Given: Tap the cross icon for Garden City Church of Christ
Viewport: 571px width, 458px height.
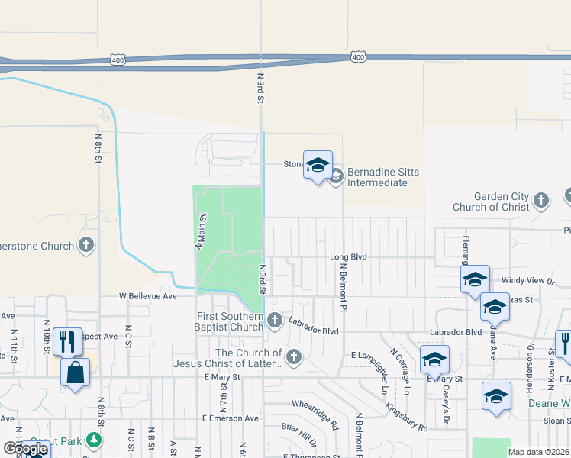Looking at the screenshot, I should (541, 201).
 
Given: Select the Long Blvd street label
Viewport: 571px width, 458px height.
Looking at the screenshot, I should (349, 258).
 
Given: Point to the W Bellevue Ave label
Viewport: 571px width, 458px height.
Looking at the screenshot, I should (147, 295).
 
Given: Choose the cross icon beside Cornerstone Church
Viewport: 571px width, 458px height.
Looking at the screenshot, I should (87, 245).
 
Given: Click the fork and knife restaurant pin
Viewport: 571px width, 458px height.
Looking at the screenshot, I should (67, 341).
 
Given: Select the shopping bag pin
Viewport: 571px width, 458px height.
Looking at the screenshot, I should (75, 373).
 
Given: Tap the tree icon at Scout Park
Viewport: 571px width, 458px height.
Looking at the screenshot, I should (93, 440).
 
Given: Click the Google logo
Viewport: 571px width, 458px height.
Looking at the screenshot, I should (26, 450).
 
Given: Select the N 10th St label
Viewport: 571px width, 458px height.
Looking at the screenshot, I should (47, 339).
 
